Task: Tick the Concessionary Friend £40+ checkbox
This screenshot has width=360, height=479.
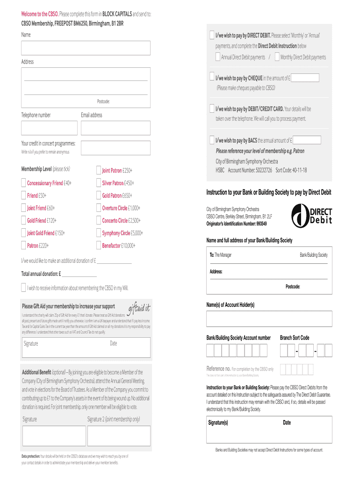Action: [24, 183]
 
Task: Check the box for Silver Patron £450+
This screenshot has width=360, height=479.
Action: [99, 183]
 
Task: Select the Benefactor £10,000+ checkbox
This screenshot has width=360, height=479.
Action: [99, 246]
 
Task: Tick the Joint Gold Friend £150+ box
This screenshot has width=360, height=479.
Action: [24, 233]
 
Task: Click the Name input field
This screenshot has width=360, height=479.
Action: [86, 48]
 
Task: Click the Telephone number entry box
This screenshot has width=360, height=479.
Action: [49, 128]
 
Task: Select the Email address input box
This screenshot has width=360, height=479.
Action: [115, 128]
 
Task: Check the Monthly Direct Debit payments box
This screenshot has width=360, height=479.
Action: [277, 57]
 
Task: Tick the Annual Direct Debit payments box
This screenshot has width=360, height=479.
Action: [218, 57]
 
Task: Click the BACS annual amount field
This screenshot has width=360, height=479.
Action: [307, 140]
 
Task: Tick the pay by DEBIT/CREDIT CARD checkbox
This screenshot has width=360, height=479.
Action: [213, 109]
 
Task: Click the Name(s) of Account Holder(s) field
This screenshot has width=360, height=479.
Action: [269, 319]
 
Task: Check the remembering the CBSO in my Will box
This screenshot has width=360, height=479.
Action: [24, 288]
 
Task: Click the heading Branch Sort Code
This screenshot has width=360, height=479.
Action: [295, 338]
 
